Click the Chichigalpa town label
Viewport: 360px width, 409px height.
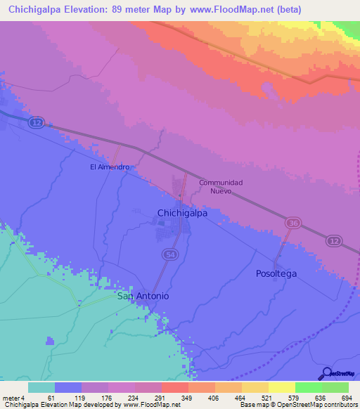pyautogui.click(x=181, y=213)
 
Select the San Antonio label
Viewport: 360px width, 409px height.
pyautogui.click(x=143, y=296)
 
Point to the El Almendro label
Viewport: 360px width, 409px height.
pyautogui.click(x=109, y=167)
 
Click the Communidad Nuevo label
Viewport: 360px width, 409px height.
pyautogui.click(x=221, y=187)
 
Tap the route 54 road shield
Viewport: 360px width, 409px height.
pyautogui.click(x=168, y=253)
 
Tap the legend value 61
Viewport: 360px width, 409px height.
pyautogui.click(x=51, y=398)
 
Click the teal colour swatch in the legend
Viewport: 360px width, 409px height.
pyautogui.click(x=41, y=387)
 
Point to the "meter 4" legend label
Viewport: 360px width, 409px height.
pyautogui.click(x=14, y=398)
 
